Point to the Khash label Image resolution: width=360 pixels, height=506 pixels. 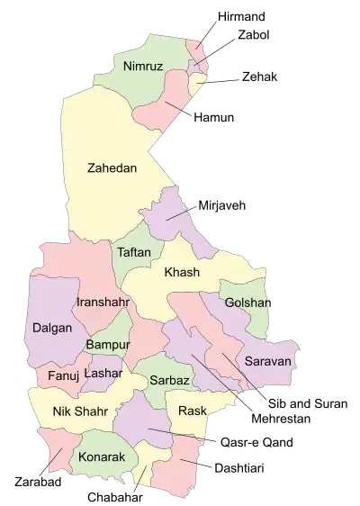pos(181,273)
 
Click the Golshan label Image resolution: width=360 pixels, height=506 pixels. pos(247,303)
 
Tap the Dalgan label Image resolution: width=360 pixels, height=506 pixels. pos(51,329)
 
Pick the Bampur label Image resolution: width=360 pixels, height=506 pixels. pos(108,345)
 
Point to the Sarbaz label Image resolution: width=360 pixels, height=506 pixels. pos(169,380)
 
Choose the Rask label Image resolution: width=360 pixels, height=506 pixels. pos(192,411)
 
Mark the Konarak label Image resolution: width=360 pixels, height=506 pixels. pos(100,456)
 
